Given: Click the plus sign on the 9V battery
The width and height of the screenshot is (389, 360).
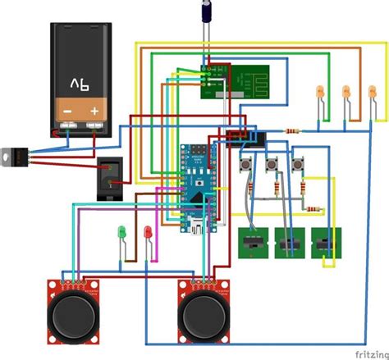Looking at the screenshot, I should [95, 110].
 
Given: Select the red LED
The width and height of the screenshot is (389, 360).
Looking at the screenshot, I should [148, 234].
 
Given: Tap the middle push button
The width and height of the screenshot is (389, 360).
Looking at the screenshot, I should [271, 166].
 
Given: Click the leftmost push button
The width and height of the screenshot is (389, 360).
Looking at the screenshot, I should [244, 166].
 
